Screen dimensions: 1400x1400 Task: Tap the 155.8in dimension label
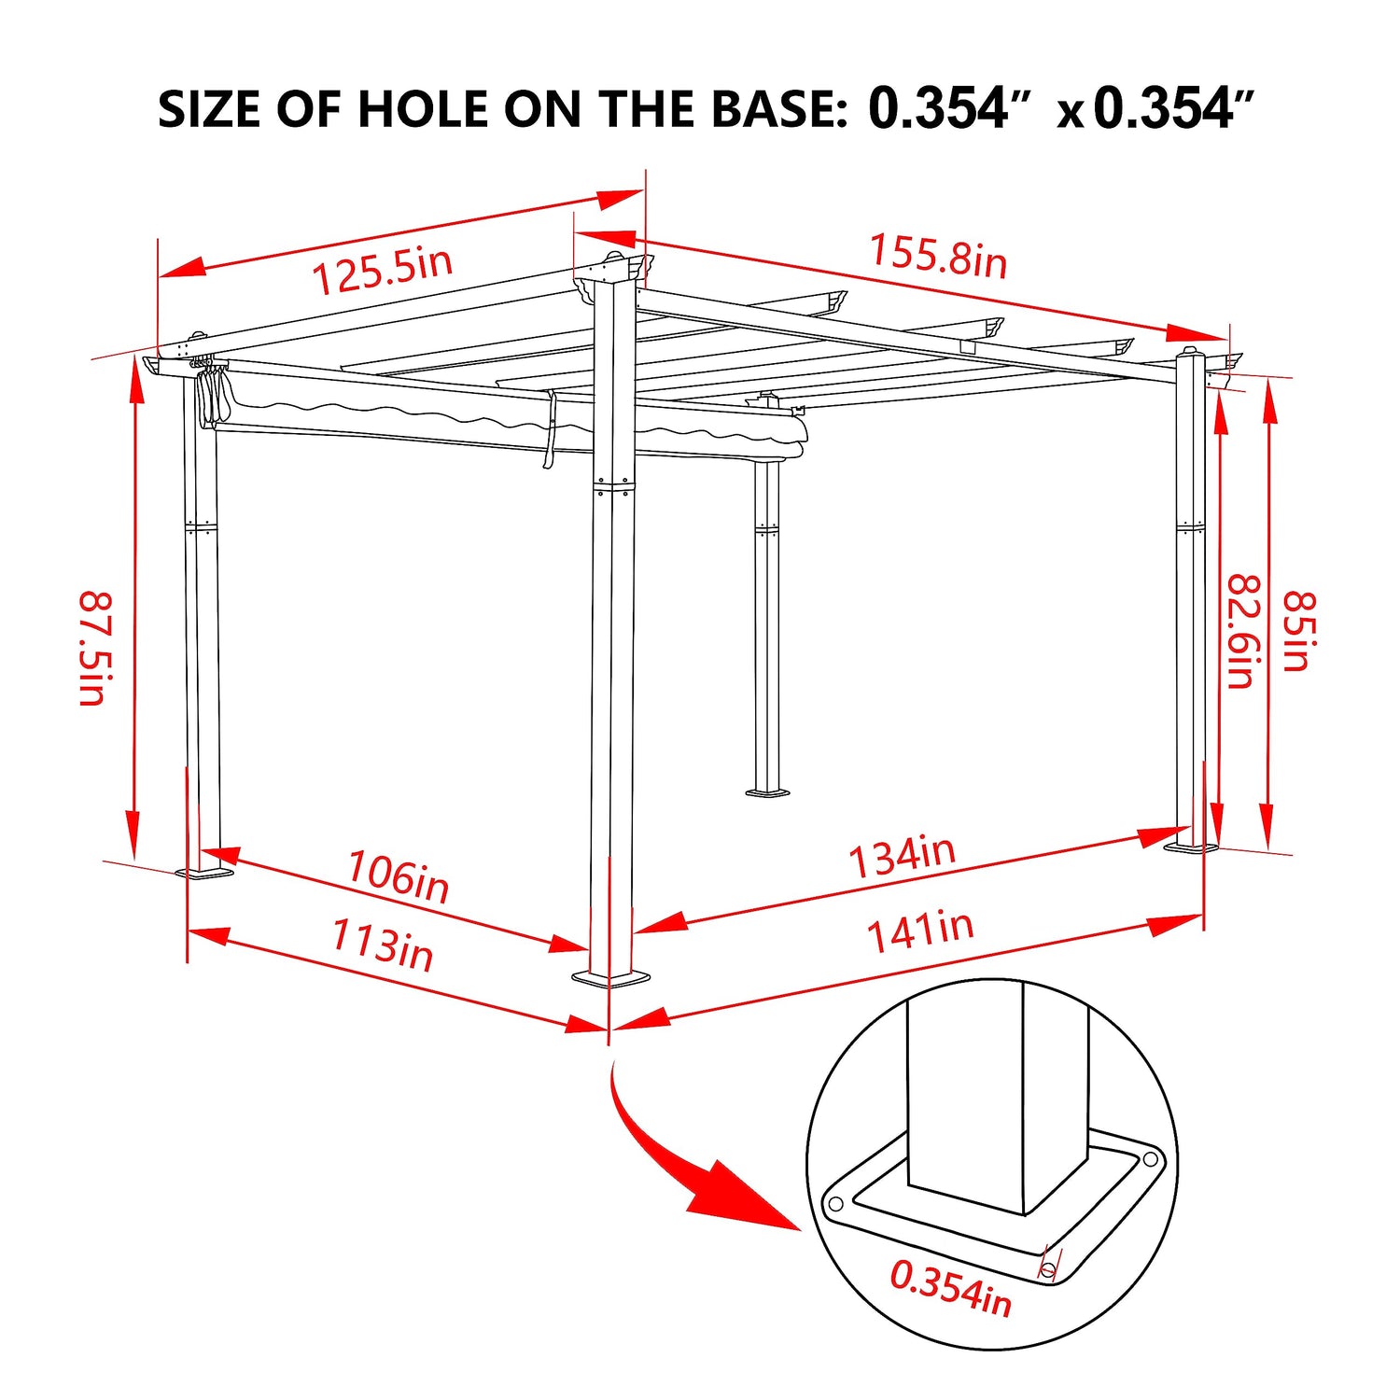pos(938,256)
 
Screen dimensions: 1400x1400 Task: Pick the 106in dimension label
pos(399,875)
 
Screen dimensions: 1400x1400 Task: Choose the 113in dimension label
pos(383,945)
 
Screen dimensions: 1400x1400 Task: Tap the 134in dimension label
pos(903,856)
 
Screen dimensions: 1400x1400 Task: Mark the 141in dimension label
pos(920,931)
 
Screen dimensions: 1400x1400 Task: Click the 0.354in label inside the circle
pos(950,1287)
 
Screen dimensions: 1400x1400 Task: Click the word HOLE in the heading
pos(425,109)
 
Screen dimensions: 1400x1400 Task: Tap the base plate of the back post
pos(767,793)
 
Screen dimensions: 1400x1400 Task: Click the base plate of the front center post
pos(611,977)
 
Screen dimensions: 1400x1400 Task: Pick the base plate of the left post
pos(204,873)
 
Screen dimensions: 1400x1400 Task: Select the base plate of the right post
pos(1191,848)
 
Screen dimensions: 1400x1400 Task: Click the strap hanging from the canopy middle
pos(550,429)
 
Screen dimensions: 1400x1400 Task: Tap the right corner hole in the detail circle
pos(1150,1159)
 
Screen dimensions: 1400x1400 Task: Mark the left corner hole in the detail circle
pos(835,1203)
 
